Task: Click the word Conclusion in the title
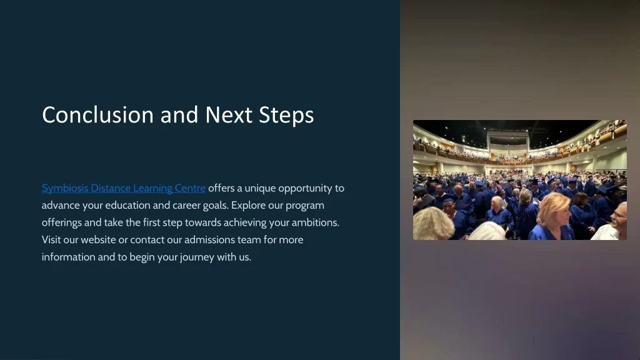pyautogui.click(x=98, y=115)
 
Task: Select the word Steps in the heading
pyautogui.click(x=286, y=116)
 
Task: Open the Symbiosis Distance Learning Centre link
pyautogui.click(x=123, y=188)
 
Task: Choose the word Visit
pyautogui.click(x=51, y=239)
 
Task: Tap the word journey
pyautogui.click(x=197, y=257)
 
